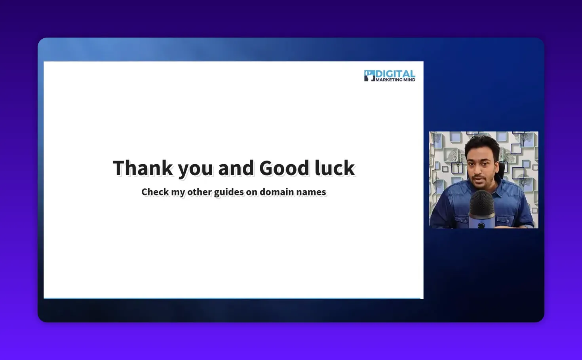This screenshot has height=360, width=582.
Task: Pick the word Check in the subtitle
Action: (x=155, y=192)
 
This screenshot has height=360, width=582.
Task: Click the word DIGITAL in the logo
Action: (x=395, y=74)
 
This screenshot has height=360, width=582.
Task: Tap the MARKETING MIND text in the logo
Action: (x=395, y=80)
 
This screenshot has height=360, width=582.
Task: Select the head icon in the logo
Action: (x=369, y=76)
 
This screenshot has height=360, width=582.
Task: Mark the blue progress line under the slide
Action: (x=232, y=298)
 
